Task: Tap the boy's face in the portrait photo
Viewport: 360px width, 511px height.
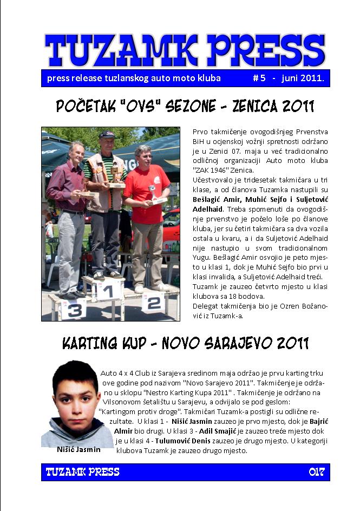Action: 76,398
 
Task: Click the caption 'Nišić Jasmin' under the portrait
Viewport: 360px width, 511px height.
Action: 78,449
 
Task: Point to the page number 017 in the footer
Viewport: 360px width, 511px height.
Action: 317,472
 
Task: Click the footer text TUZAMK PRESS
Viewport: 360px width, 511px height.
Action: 82,472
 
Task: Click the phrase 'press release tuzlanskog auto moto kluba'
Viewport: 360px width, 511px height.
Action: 134,78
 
